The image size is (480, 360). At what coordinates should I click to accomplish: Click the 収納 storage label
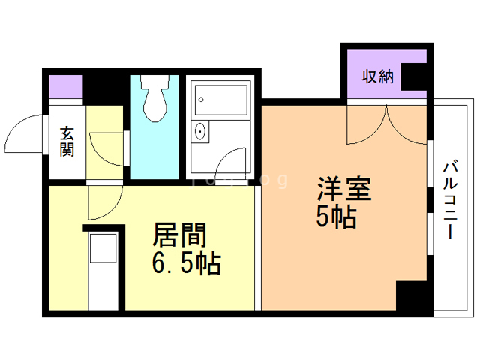[378, 77]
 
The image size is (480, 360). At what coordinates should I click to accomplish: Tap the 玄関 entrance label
[67, 142]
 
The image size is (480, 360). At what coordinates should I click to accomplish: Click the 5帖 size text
[335, 217]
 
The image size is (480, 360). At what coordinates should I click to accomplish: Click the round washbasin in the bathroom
[200, 131]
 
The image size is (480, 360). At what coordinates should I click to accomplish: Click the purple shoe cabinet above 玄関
[66, 88]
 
